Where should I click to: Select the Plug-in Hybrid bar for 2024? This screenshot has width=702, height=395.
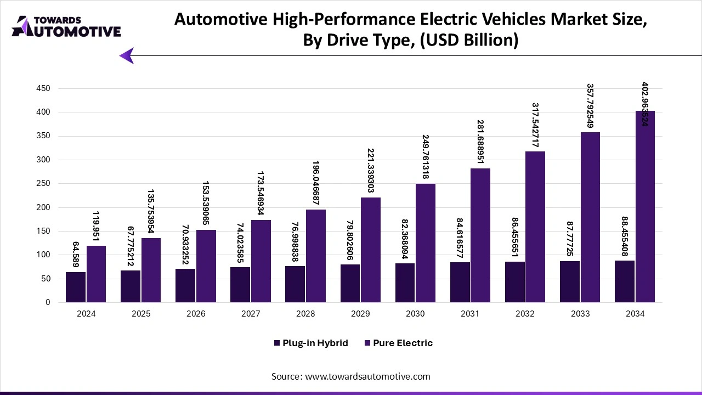tap(76, 287)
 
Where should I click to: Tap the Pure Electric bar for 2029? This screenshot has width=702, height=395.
tap(371, 250)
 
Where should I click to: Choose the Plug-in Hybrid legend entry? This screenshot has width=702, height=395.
tap(310, 343)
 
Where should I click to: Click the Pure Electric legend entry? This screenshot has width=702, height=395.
tap(398, 343)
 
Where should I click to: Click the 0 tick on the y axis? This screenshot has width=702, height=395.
tap(48, 302)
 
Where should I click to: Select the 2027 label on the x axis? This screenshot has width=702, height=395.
tap(251, 314)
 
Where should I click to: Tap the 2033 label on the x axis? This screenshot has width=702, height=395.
tap(580, 314)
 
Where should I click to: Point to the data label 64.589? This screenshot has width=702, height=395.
tap(76, 253)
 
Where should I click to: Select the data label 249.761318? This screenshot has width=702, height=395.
tap(426, 157)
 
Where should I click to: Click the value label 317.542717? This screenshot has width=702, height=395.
tap(535, 125)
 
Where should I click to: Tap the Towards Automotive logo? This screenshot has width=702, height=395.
tap(66, 26)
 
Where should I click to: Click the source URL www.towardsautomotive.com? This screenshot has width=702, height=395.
tap(367, 376)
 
